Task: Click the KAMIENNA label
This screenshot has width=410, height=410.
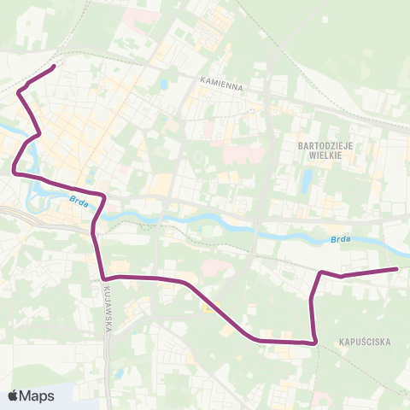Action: [222, 86]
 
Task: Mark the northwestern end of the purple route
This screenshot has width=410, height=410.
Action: [55, 66]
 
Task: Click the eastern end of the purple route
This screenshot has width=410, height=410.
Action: [397, 269]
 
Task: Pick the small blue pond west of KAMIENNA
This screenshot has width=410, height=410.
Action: [163, 85]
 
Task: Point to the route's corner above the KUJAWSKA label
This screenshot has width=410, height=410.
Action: [102, 278]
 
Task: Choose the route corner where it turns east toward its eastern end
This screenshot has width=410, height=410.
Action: [322, 272]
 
